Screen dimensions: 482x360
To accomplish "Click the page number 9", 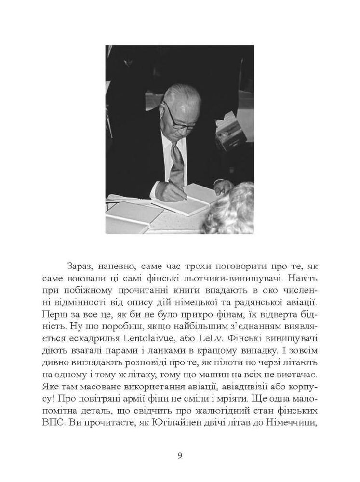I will pos(180,455).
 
